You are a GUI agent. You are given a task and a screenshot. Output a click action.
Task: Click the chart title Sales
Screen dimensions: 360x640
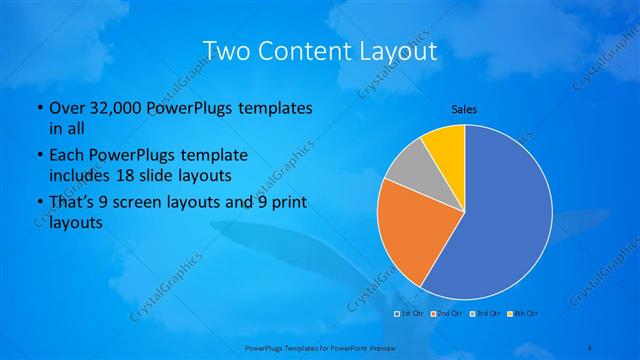464,107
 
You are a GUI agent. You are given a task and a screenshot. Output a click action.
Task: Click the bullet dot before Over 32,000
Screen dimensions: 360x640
38,108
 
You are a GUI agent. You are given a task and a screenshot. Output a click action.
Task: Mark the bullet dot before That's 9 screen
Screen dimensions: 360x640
38,206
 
